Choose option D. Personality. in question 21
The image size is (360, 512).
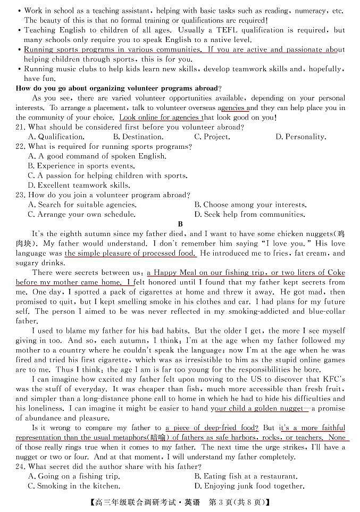tap(300, 137)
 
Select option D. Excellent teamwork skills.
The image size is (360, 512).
tap(79, 186)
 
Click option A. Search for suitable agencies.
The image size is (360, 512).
tap(82, 205)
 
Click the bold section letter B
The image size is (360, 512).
tap(180, 224)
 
